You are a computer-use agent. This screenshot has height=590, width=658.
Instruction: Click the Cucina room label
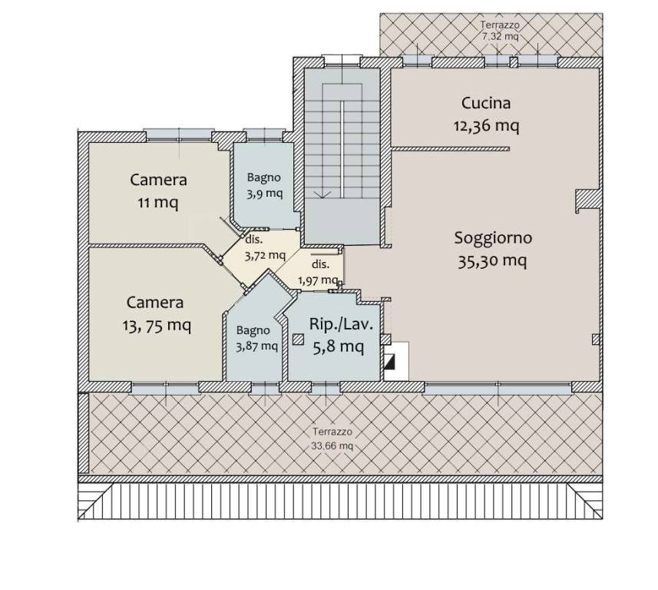(x=486, y=103)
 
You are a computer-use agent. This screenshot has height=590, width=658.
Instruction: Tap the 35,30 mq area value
(x=492, y=261)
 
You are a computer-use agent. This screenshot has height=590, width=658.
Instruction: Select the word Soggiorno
(x=493, y=238)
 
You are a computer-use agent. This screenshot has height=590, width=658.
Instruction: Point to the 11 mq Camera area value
(x=158, y=203)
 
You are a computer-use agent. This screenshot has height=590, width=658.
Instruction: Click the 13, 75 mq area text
(x=157, y=326)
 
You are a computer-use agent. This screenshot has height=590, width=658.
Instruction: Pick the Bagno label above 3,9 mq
(x=263, y=177)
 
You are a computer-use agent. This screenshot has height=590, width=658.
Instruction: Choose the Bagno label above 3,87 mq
(x=253, y=330)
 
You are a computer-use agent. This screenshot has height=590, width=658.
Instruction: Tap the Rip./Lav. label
(x=341, y=324)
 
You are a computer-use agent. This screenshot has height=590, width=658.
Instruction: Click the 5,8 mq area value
(x=339, y=347)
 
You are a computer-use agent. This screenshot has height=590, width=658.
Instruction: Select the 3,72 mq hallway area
(x=265, y=255)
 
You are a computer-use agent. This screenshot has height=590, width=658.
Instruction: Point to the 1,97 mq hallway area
(x=318, y=280)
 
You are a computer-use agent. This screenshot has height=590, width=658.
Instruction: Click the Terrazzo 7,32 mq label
(x=500, y=31)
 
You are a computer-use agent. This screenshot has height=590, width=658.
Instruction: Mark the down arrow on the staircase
(x=322, y=194)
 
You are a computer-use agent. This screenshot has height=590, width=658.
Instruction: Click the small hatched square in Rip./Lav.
(x=299, y=340)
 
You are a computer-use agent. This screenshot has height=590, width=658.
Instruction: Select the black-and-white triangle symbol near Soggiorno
(x=389, y=362)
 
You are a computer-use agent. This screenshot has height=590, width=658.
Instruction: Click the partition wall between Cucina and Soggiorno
(x=450, y=149)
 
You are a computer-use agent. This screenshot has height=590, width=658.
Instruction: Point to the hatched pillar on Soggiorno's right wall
(x=587, y=201)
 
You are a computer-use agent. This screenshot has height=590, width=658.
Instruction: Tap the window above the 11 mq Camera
(x=179, y=134)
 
